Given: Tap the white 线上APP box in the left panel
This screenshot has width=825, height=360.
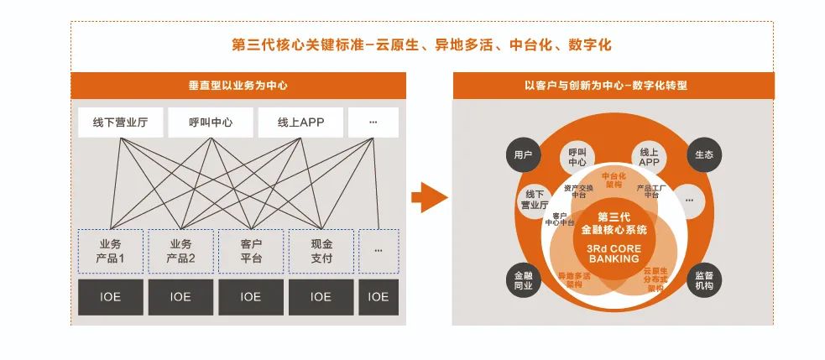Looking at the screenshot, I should tap(300, 123).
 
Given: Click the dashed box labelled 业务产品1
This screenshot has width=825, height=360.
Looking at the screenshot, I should tap(110, 250).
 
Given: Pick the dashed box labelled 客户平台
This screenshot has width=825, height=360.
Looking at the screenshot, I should tap(251, 250).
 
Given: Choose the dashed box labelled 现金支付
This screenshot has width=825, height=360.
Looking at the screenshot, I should tap(321, 250).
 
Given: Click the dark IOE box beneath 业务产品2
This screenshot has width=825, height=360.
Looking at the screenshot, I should tap(180, 296).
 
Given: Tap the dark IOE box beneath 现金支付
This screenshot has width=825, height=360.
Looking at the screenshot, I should tap(321, 296).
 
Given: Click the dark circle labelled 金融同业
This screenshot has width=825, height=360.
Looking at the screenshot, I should tap(523, 280).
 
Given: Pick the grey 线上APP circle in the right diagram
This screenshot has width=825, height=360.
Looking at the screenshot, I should tap(649, 156).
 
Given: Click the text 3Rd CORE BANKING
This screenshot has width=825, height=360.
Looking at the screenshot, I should tap(614, 253).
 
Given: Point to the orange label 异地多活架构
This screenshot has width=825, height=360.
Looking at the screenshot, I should tap(574, 279).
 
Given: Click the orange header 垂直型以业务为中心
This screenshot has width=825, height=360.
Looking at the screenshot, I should tap(239, 86).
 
